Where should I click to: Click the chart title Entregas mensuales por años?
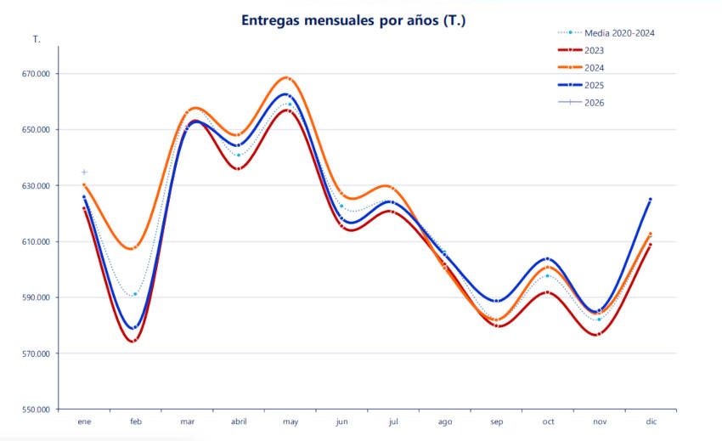pos(353,20)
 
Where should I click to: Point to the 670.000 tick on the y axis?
pos(35,74)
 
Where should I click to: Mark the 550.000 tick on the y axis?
pos(35,410)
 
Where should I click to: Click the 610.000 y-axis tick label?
pos(35,242)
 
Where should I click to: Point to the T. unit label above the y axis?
pos(37,40)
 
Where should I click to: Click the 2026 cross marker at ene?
pos(84,172)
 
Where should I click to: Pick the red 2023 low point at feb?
pos(134,341)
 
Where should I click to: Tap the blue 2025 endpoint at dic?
pos(650,200)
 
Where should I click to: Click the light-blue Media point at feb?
pos(135,294)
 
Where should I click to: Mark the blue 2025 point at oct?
pos(547,258)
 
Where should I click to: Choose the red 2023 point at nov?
pos(599,334)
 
